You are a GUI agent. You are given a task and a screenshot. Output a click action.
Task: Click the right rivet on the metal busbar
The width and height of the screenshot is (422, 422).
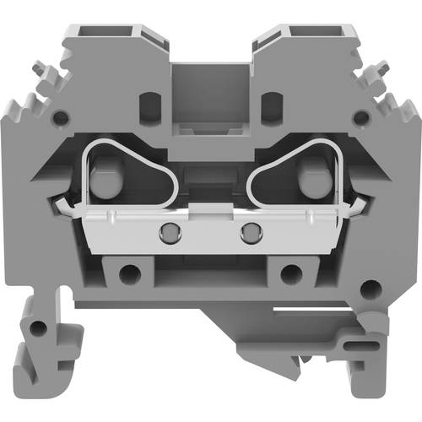248,230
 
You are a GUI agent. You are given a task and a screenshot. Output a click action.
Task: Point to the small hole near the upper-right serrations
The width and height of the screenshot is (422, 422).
361,118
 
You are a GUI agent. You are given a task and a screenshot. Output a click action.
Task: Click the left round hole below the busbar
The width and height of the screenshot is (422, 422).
128,273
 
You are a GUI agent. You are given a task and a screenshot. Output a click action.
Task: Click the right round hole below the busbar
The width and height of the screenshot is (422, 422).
291,273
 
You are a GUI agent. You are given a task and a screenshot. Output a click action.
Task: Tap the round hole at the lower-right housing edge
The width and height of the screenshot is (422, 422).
367,289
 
